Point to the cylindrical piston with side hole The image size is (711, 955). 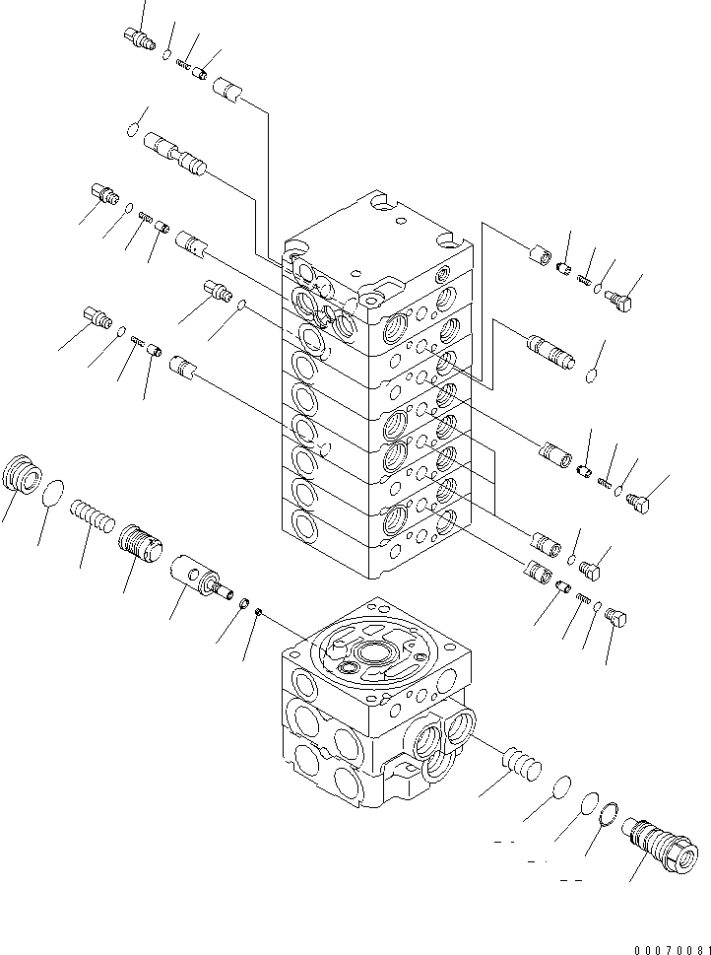198,575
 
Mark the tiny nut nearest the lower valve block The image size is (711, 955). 258,612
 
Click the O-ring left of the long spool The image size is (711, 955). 134,126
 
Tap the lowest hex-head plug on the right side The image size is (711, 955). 615,620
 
